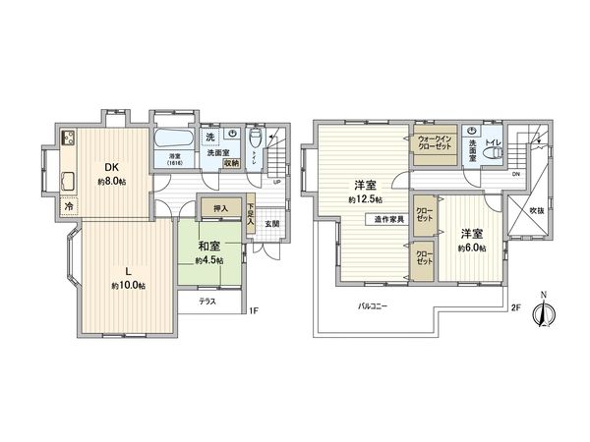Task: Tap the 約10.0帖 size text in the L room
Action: tap(128, 286)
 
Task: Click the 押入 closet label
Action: tap(221, 208)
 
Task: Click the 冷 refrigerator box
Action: tap(68, 207)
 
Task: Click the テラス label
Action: tap(208, 302)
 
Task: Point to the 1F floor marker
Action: tap(253, 311)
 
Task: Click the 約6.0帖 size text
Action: tap(470, 248)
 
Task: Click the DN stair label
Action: tap(515, 175)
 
